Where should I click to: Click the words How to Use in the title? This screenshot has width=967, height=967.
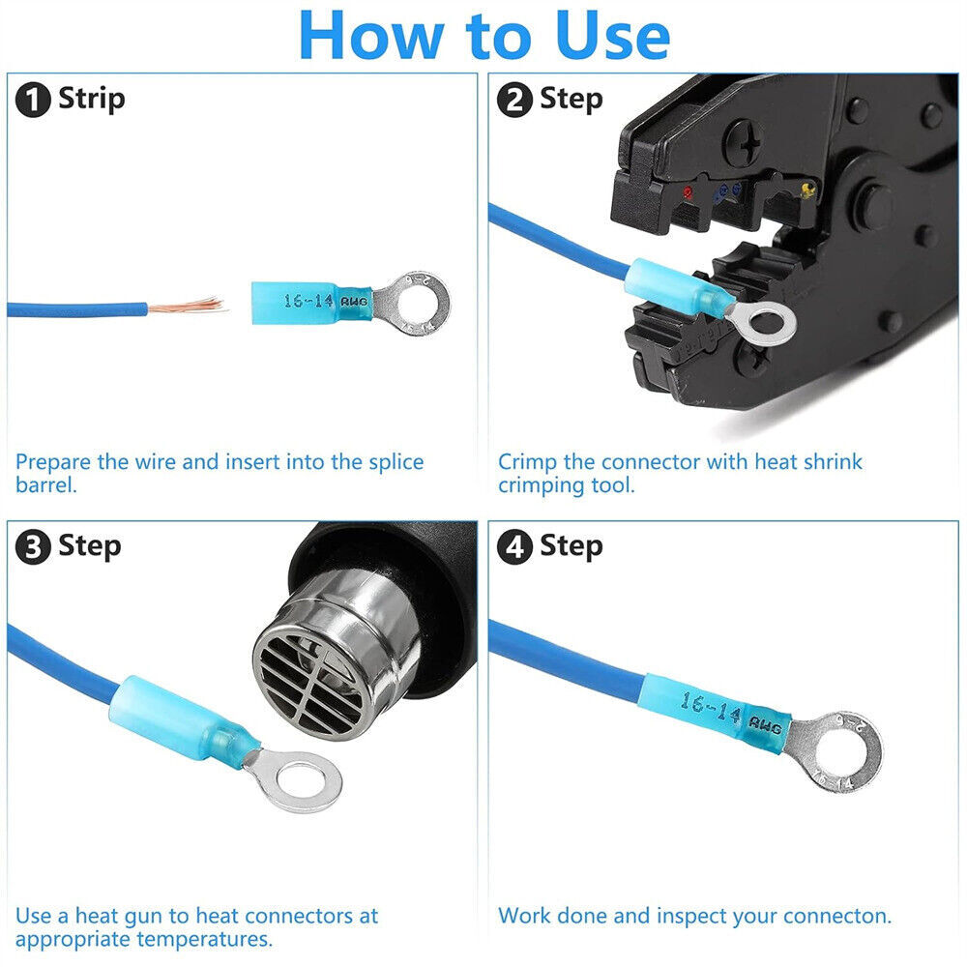click(484, 36)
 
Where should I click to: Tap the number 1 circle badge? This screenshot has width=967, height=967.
click(33, 101)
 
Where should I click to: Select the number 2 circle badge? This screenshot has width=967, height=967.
click(514, 101)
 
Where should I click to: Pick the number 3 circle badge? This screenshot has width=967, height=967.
click(33, 548)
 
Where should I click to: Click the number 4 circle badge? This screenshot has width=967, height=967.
click(514, 548)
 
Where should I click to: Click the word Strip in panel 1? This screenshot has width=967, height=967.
click(91, 100)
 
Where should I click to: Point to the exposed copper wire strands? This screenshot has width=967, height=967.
click(187, 306)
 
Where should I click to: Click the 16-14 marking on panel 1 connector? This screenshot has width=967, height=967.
click(308, 301)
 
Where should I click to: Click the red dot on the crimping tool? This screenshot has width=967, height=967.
click(688, 192)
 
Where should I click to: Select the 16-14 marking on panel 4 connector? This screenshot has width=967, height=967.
click(710, 708)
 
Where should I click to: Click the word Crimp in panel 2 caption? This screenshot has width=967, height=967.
click(528, 462)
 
